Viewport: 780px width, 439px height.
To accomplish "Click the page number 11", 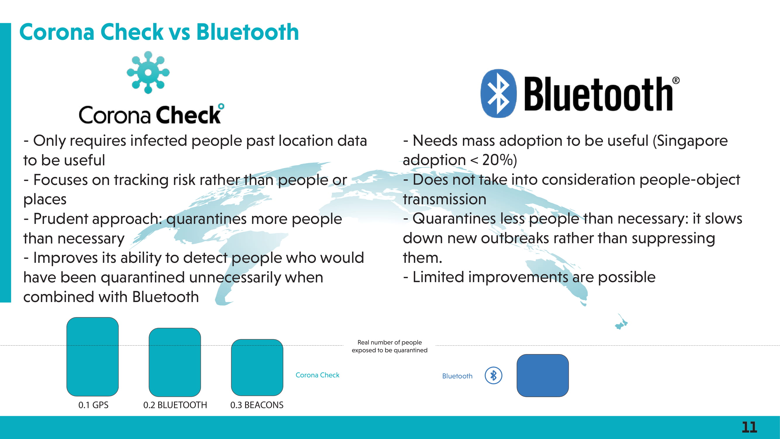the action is (x=749, y=427).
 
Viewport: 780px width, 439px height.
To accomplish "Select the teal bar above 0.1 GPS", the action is (x=92, y=356).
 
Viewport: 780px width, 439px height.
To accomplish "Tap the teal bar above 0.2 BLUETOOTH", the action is (x=175, y=362).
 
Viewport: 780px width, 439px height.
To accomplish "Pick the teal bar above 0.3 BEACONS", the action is (x=257, y=368).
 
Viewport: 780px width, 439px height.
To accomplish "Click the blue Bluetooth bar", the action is (x=543, y=375).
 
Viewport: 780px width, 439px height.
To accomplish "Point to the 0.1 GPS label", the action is (x=93, y=405).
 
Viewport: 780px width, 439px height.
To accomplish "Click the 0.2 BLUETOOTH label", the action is (x=175, y=405).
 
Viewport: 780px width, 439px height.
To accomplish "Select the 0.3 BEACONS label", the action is (x=257, y=405).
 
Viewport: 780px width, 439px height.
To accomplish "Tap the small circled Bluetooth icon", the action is (x=493, y=376).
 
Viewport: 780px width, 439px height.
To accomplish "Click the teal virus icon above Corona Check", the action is (x=148, y=72).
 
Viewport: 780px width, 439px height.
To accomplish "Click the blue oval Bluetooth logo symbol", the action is (x=498, y=93).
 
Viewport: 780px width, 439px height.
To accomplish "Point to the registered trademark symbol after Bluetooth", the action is (x=676, y=80).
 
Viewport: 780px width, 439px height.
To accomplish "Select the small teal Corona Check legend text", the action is (x=317, y=375).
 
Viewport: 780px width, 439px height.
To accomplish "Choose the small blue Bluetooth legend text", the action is (x=457, y=376).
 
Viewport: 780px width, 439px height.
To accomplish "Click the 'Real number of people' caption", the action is (x=390, y=342).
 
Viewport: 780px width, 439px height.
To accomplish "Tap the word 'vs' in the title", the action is (x=180, y=32).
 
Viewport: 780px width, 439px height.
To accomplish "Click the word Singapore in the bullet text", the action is (x=691, y=141).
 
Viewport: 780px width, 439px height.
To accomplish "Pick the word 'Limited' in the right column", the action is (x=438, y=277).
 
